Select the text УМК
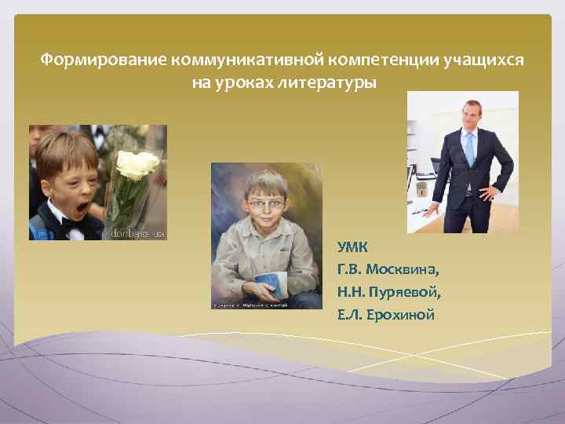tap(353, 247)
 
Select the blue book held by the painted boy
tap(271, 283)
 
